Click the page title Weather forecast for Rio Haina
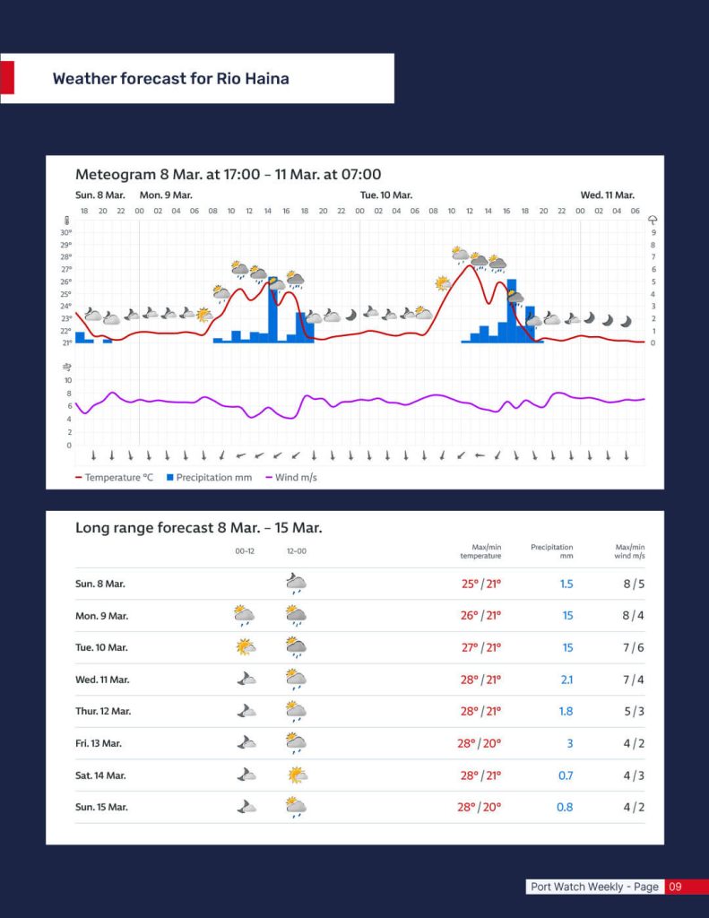pos(170,79)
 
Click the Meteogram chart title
pos(228,175)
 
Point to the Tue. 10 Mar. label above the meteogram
pos(386,195)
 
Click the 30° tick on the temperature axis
pos(65,232)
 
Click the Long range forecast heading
pos(198,528)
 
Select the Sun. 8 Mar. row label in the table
pos(99,584)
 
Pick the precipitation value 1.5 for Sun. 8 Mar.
pos(566,584)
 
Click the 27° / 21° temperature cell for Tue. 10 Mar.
pos(480,647)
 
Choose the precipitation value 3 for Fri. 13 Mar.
pos(569,743)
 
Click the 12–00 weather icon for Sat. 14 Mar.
pos(297,775)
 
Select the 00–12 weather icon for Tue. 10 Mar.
pos(244,646)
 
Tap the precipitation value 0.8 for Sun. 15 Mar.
pos(565,807)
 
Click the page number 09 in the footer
pos(676,887)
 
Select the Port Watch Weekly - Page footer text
pos(594,887)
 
